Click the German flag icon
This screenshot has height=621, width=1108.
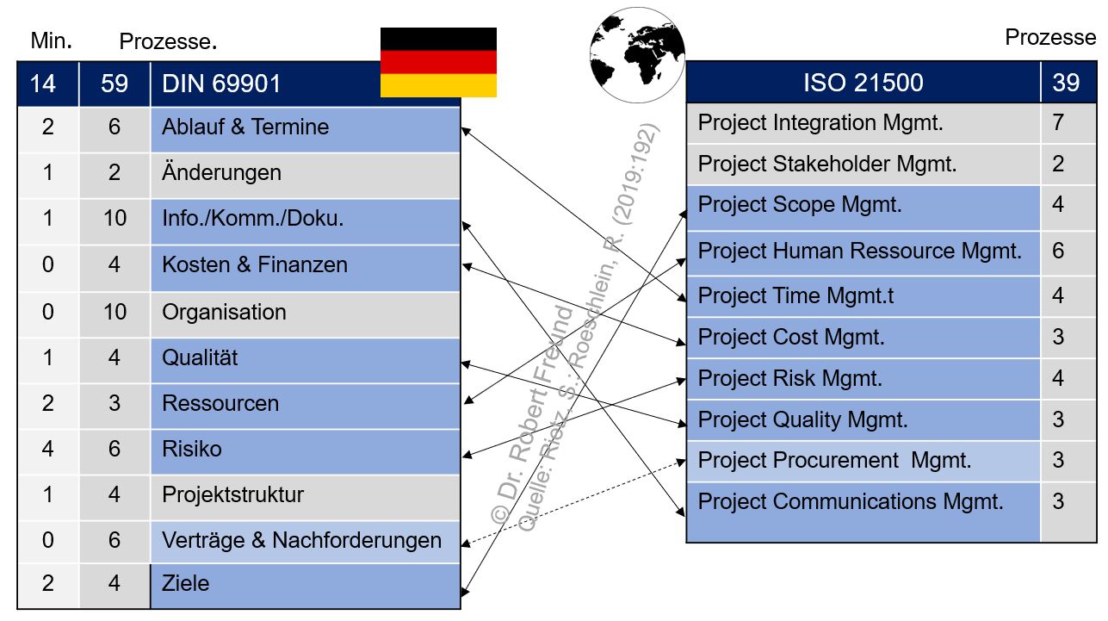click(x=438, y=62)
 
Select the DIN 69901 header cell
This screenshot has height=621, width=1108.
click(x=221, y=84)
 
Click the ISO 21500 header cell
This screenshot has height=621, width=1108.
click(x=863, y=83)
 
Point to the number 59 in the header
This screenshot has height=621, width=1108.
click(x=114, y=84)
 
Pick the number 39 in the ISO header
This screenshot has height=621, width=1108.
click(x=1066, y=83)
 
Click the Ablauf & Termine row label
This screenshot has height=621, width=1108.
click(x=245, y=127)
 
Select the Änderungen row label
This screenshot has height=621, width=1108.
click(x=221, y=172)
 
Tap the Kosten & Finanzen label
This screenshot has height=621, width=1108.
click(x=255, y=264)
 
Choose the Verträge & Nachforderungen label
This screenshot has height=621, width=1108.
click(x=301, y=541)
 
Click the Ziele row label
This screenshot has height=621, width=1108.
click(x=186, y=584)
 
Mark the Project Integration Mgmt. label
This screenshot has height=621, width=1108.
click(x=820, y=123)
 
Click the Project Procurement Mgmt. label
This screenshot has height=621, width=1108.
click(x=834, y=461)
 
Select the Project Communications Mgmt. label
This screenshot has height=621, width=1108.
click(x=851, y=501)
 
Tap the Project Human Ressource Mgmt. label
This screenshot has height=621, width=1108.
click(x=859, y=252)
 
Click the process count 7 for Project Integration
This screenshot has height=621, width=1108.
click(x=1058, y=123)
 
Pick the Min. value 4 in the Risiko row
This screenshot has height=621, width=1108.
click(x=47, y=450)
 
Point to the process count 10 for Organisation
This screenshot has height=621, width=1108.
click(x=114, y=312)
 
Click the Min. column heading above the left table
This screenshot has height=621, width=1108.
click(x=51, y=40)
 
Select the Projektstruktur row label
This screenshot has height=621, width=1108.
click(x=232, y=495)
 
